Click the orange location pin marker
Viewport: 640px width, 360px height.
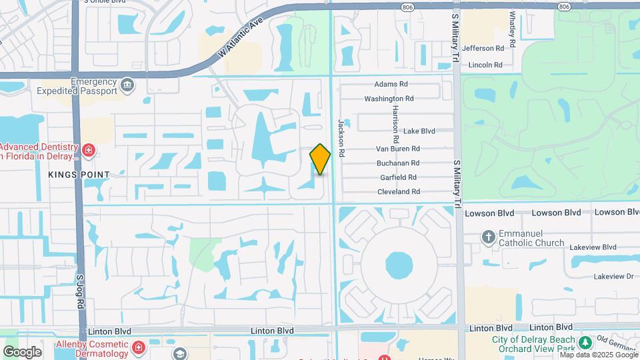click(x=320, y=159)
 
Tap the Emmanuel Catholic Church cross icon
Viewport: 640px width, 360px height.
click(x=489, y=237)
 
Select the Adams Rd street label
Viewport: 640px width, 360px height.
click(x=391, y=85)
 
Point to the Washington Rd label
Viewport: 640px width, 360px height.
click(x=389, y=99)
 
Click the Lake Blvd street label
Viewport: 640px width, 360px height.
click(x=419, y=131)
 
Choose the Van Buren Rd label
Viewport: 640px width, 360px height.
click(x=397, y=149)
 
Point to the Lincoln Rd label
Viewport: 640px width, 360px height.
click(x=485, y=65)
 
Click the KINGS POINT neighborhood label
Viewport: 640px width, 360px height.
click(x=79, y=175)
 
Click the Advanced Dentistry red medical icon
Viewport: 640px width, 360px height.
click(x=88, y=151)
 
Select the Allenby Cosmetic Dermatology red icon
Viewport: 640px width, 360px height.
click(x=139, y=347)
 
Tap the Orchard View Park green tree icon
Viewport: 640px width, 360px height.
click(x=585, y=343)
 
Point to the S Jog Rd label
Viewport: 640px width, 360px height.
click(x=81, y=290)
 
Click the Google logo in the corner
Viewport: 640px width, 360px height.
click(x=22, y=351)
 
